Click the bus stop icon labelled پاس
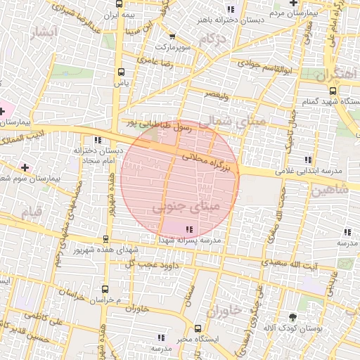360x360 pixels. point(122,72)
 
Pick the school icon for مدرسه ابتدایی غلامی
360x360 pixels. point(307,159)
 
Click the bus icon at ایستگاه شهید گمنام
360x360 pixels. point(333,90)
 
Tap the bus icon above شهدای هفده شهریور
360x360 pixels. point(105,239)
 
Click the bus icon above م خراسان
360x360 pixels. point(105,289)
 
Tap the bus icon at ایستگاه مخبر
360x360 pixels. point(197,328)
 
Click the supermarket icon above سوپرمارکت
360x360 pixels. point(172,35)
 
